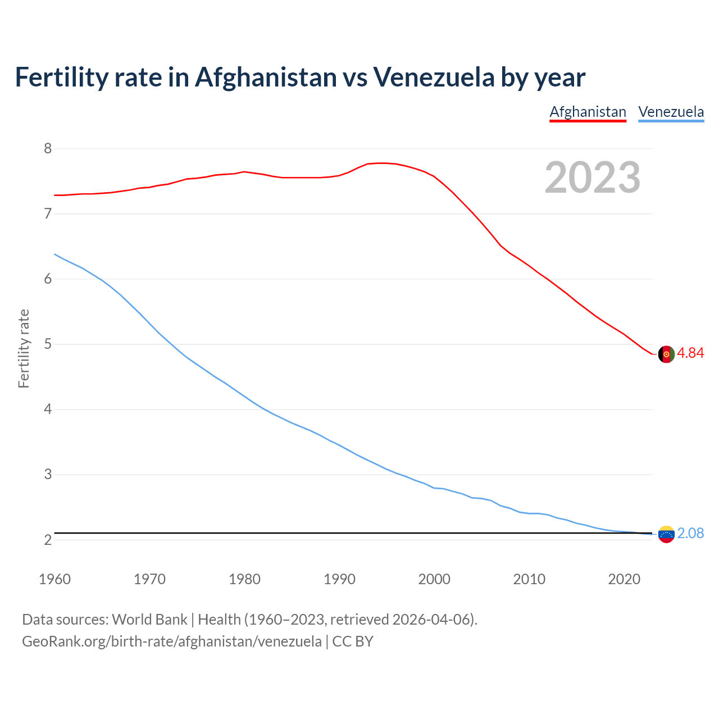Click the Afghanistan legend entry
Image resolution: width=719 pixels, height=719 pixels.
(x=588, y=112)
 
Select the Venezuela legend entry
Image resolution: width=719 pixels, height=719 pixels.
(x=671, y=112)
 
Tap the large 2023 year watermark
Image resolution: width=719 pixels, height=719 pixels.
(x=592, y=178)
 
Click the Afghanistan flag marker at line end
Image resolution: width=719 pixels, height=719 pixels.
(x=666, y=354)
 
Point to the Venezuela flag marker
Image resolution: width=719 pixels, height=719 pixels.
(x=666, y=534)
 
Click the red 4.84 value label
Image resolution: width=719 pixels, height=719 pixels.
(x=690, y=353)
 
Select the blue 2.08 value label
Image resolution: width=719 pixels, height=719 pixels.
(x=690, y=534)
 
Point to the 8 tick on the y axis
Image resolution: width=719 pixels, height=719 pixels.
(x=48, y=148)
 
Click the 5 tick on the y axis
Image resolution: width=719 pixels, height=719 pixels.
(x=48, y=344)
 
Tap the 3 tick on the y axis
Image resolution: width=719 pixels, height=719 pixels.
(x=48, y=475)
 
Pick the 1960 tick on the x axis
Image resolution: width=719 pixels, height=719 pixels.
(x=54, y=579)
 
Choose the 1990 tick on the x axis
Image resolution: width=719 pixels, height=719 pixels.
(x=339, y=579)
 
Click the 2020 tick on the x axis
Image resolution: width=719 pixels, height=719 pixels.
(x=624, y=579)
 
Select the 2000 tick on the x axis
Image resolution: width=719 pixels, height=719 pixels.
(x=434, y=579)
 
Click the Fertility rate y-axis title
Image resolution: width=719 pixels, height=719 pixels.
(x=24, y=348)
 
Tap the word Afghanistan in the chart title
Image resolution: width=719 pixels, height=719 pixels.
(x=266, y=78)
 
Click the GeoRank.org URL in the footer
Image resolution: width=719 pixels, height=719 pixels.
(x=172, y=641)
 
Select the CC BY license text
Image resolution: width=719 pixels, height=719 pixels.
(x=353, y=641)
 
